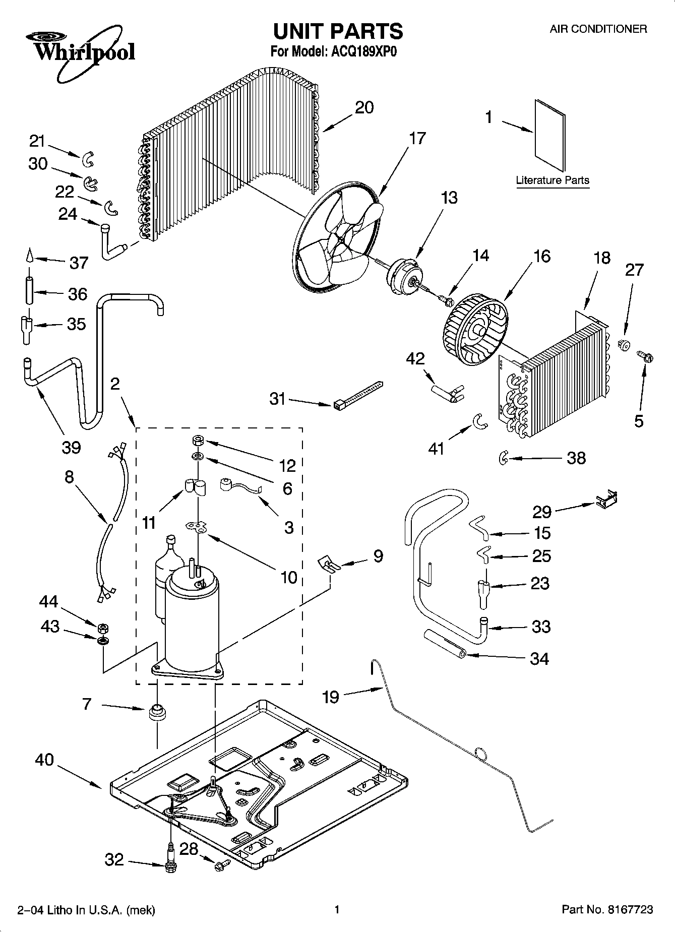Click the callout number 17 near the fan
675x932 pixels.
click(x=417, y=138)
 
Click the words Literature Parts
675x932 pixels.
click(x=553, y=180)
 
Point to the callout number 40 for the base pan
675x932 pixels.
click(x=44, y=760)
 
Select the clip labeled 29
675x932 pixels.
click(x=606, y=499)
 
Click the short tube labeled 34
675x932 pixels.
click(x=445, y=645)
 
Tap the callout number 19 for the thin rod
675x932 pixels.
click(x=331, y=697)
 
